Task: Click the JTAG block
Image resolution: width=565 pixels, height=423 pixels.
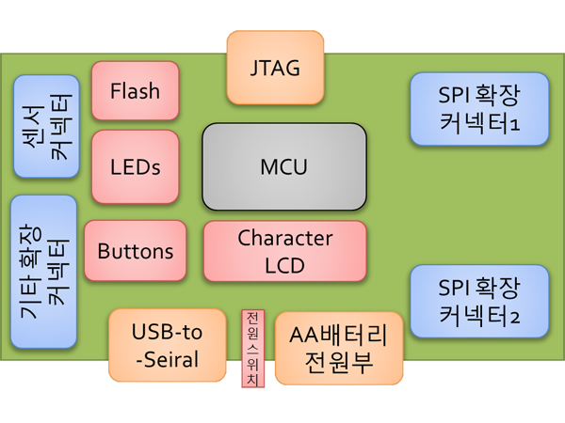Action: point(275,68)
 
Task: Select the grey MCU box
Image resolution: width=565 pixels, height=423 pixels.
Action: point(284,167)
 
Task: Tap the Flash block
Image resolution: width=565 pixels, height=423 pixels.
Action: point(135,91)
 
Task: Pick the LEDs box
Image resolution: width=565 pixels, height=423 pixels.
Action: point(135,167)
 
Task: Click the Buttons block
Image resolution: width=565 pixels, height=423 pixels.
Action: point(135,251)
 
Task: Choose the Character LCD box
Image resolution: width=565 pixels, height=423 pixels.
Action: point(284,251)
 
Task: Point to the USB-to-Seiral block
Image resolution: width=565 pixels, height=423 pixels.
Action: point(168,345)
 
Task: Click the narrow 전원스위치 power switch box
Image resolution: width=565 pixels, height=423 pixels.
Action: point(253,348)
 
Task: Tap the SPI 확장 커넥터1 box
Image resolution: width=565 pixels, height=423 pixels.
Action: point(479,109)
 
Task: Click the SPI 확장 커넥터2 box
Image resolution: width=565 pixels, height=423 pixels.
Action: point(479,301)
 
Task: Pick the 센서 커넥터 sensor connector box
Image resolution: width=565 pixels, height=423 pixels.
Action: point(46,127)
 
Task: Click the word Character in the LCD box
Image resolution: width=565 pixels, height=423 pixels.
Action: point(284,238)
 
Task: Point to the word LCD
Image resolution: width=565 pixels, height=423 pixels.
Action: point(284,265)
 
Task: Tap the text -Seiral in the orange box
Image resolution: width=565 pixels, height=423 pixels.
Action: point(166,360)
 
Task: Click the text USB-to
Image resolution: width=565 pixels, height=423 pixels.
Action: point(167,332)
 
